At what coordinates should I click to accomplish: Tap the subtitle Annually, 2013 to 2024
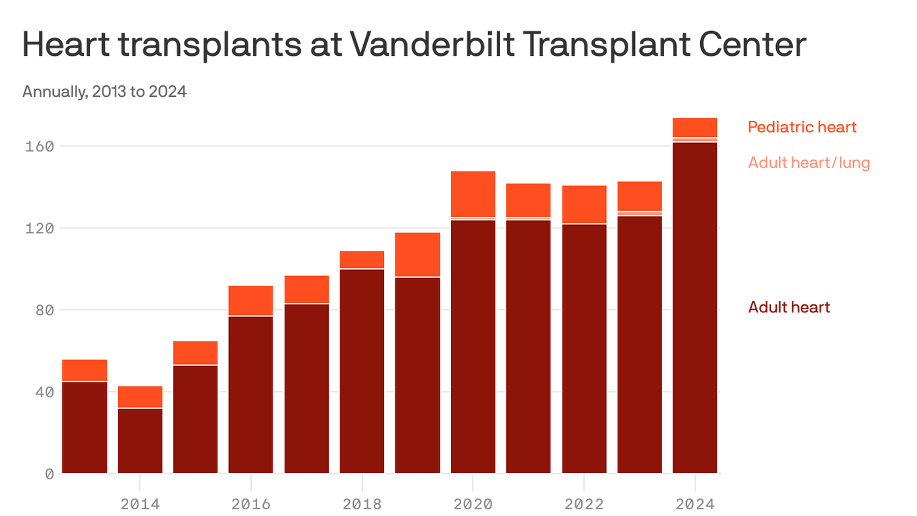pos(104,91)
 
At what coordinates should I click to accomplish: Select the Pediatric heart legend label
pos(802,127)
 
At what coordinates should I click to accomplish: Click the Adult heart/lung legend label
pos(809,163)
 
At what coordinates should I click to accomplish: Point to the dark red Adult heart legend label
pos(789,308)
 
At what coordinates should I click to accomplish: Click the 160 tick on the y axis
pos(39,146)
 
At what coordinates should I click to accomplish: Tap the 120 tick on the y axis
pos(39,228)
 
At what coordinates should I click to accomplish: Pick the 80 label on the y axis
pos(44,310)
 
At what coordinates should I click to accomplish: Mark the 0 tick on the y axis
pos(49,474)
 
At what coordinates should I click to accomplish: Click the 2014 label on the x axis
pos(140,504)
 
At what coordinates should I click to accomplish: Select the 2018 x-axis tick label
pos(362,504)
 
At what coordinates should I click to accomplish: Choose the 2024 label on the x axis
pos(695,504)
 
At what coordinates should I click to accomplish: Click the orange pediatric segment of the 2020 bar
pos(473,194)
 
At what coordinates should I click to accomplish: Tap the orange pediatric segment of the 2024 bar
pos(695,128)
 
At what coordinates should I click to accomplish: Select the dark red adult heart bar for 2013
pos(85,427)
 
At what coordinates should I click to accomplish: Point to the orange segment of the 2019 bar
pos(418,254)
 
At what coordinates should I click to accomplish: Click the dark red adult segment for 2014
pos(140,441)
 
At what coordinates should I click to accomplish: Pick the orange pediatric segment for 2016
pos(251,300)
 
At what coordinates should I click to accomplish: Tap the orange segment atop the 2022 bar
pos(584,204)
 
